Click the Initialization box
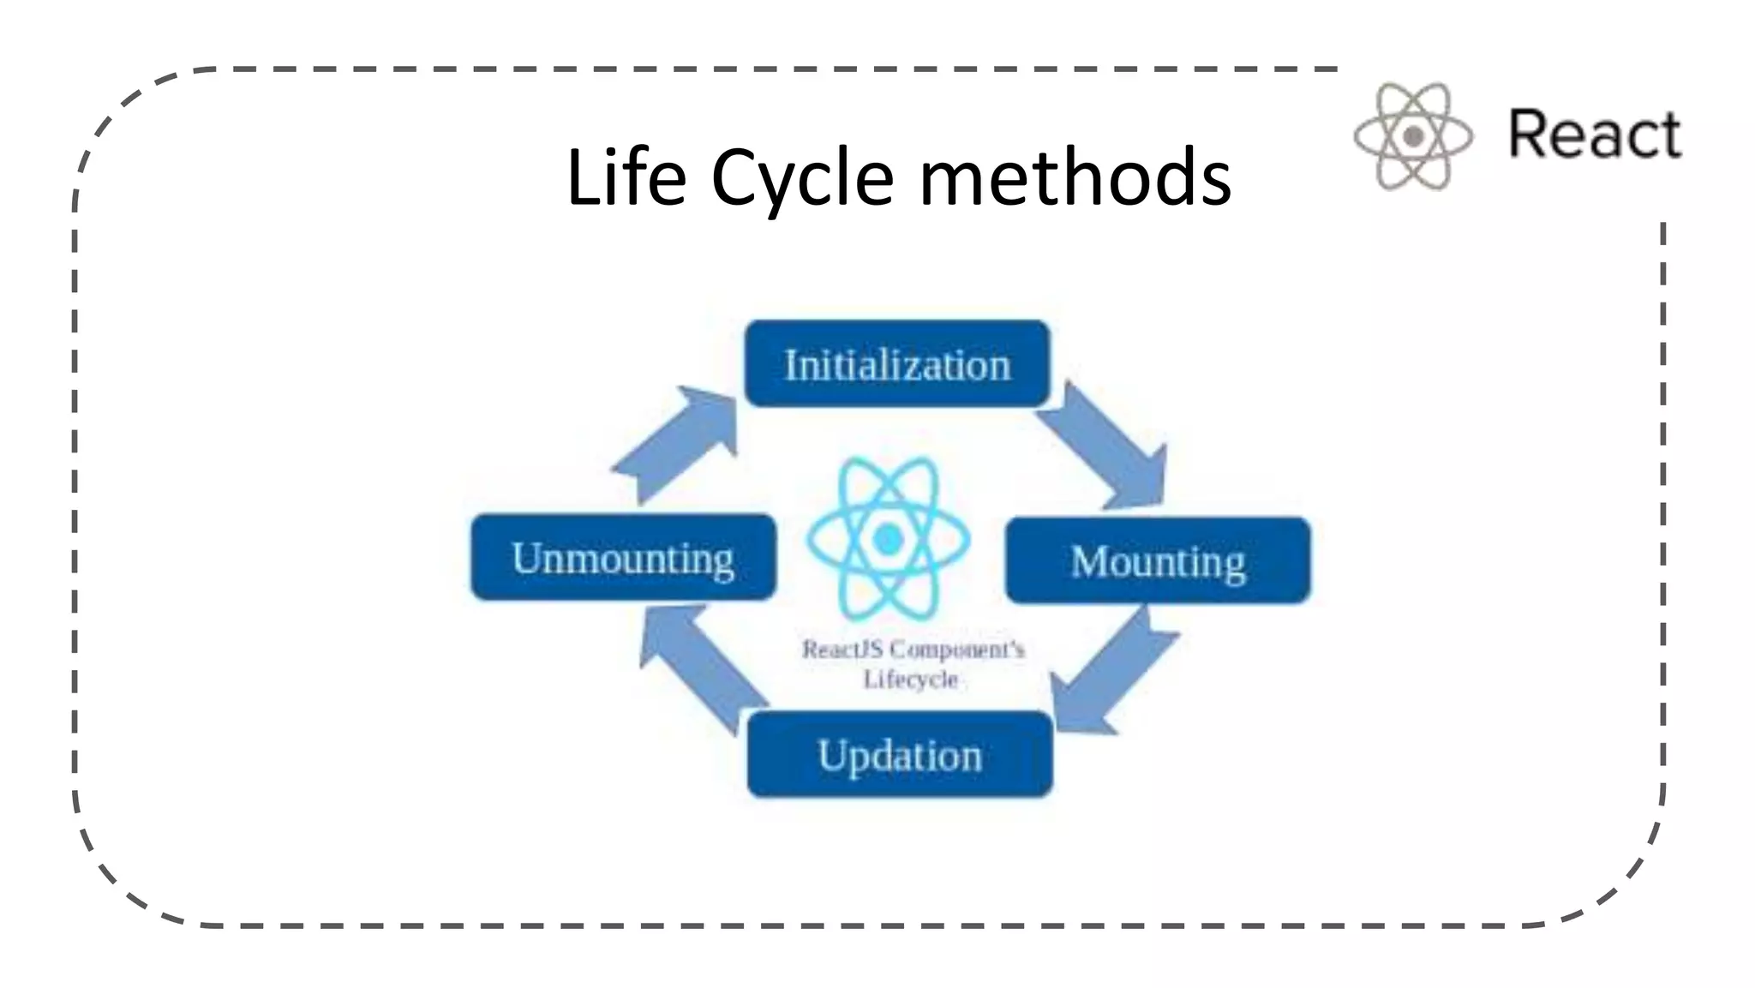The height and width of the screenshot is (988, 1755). coord(896,364)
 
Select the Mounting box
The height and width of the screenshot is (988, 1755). coord(1157,561)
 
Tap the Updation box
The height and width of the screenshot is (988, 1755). coord(899,755)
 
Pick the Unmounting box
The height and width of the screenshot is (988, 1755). coord(623,558)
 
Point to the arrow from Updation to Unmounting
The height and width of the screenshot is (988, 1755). coord(698,664)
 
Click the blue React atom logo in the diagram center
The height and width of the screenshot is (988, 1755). coord(888,539)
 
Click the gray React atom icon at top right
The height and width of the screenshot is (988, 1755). coord(1413,135)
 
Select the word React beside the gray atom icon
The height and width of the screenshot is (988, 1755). coord(1595,135)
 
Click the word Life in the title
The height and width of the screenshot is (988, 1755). coord(626,177)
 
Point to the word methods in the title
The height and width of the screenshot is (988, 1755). coord(1075,177)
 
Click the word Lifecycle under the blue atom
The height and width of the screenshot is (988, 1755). coord(910,680)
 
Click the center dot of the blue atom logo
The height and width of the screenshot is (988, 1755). coord(888,539)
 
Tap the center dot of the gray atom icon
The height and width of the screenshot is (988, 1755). coord(1413,135)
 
